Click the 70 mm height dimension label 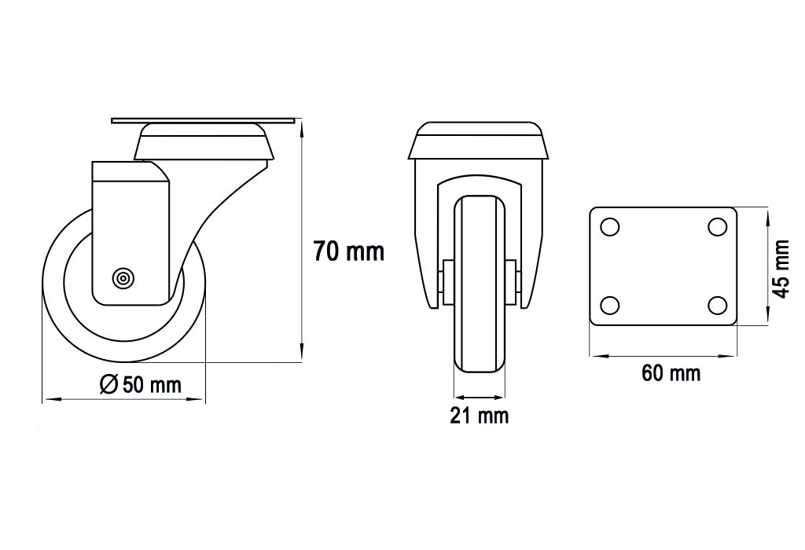348,251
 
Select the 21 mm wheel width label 479,415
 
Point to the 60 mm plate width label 671,373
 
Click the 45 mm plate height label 781,269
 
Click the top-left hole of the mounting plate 609,226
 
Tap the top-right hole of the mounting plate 717,226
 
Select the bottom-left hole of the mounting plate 609,306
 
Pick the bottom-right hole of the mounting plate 717,306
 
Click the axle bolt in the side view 123,278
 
